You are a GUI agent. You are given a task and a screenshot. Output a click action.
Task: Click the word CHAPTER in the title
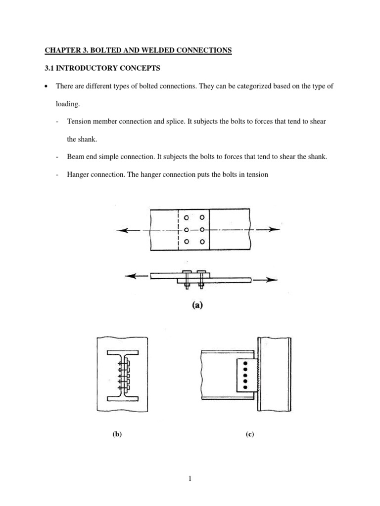pyautogui.click(x=58, y=50)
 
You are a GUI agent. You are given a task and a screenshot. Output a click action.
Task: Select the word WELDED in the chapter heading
pyautogui.click(x=149, y=50)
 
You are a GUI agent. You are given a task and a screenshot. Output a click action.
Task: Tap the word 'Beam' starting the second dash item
pyautogui.click(x=75, y=157)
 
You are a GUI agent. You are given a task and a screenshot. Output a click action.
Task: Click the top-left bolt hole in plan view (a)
pyautogui.click(x=186, y=218)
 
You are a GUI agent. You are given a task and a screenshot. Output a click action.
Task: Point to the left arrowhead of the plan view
pyautogui.click(x=121, y=230)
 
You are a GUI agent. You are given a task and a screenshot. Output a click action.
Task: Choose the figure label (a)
pyautogui.click(x=197, y=305)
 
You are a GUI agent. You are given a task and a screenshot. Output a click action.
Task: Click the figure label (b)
pyautogui.click(x=117, y=434)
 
